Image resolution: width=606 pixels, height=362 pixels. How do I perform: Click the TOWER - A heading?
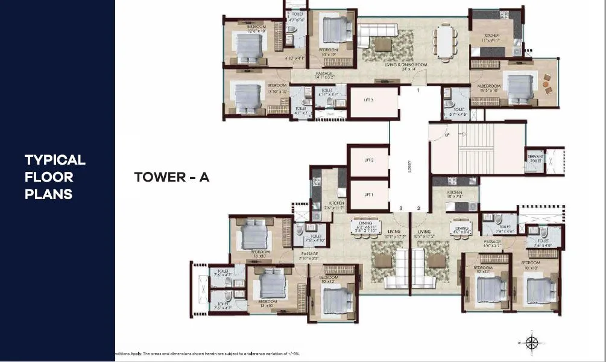pyautogui.click(x=171, y=177)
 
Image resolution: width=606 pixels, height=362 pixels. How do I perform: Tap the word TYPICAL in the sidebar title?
pyautogui.click(x=55, y=160)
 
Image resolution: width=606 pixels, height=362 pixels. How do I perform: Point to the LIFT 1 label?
pyautogui.click(x=368, y=194)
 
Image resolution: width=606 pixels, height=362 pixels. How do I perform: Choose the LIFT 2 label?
pyautogui.click(x=368, y=160)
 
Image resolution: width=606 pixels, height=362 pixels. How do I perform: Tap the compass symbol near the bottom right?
pyautogui.click(x=532, y=343)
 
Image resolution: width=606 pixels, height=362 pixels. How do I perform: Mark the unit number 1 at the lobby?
pyautogui.click(x=418, y=91)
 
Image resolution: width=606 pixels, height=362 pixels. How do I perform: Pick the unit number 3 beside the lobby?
pyautogui.click(x=400, y=208)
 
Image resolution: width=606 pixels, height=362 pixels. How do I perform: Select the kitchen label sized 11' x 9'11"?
pyautogui.click(x=492, y=39)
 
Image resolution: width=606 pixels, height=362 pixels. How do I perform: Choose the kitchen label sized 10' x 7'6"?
pyautogui.click(x=455, y=194)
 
